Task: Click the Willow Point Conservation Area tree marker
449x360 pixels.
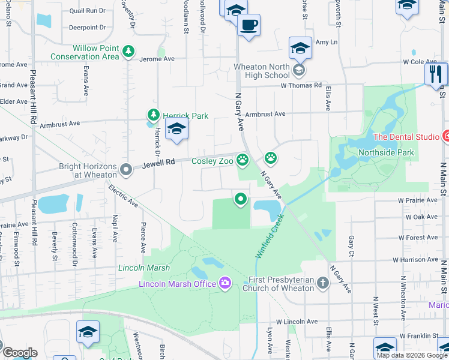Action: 127,52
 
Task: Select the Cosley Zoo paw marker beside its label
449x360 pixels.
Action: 243,160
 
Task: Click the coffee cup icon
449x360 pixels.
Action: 249,26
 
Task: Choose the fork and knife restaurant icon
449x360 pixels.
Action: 436,74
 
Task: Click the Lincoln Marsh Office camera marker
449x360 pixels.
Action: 225,283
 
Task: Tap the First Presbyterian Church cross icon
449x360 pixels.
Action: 323,283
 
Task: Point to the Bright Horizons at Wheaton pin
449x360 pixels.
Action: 125,170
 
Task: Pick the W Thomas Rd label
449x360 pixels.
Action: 301,85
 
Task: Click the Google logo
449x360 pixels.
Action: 20,353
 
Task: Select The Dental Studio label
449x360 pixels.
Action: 406,137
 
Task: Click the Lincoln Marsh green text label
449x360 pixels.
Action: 144,268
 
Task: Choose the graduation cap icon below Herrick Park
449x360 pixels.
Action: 176,130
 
